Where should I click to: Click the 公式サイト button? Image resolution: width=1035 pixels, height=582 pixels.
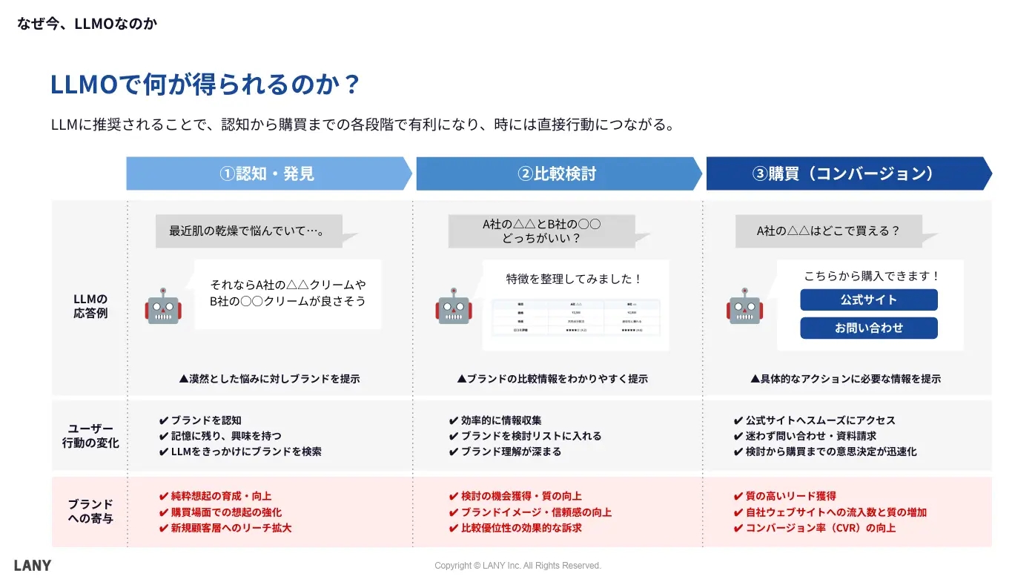pos(868,300)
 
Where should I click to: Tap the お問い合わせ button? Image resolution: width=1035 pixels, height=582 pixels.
pos(868,328)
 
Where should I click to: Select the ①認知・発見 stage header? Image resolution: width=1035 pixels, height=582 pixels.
pos(268,173)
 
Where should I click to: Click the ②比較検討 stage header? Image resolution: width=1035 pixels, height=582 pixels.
pos(558,173)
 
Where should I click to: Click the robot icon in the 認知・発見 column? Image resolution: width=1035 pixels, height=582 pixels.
pos(163,306)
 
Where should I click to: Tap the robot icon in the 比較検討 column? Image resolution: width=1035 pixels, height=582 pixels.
pos(453,306)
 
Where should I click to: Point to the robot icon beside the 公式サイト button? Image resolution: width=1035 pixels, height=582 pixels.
pos(744,306)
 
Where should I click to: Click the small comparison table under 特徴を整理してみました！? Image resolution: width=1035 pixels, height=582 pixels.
pos(575,319)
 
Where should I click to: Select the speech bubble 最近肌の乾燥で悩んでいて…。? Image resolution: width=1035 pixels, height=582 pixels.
pos(248,231)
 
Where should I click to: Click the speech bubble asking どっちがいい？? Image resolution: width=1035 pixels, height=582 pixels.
pos(541,231)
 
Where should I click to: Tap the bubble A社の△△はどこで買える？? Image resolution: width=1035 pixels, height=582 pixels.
pos(828,231)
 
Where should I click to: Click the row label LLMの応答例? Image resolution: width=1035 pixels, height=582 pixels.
pos(90,305)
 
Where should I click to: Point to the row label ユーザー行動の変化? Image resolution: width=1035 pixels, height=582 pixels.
pos(90,436)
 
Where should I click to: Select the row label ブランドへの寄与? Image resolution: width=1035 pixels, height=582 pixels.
pos(90,512)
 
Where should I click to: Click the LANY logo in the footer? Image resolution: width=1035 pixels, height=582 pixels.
pos(33,566)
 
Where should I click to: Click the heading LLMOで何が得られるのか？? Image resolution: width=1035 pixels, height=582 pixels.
pos(205,85)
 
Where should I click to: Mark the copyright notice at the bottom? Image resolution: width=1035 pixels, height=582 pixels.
pos(517,566)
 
